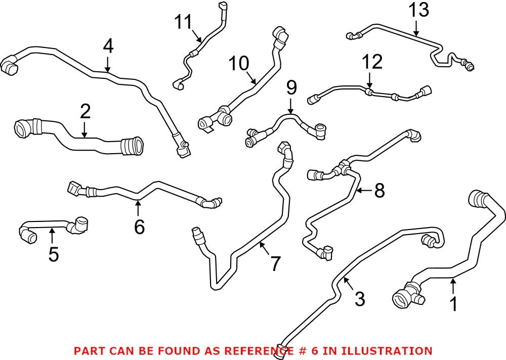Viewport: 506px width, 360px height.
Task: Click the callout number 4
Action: [x=108, y=47]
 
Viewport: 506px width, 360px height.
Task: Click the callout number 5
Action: [x=53, y=254]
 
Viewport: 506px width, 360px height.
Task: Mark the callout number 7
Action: [x=275, y=264]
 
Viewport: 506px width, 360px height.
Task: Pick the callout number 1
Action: [x=453, y=304]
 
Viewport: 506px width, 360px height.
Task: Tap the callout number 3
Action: [x=359, y=299]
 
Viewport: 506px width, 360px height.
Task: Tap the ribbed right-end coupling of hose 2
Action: [x=133, y=147]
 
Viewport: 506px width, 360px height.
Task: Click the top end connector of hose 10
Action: [x=280, y=36]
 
